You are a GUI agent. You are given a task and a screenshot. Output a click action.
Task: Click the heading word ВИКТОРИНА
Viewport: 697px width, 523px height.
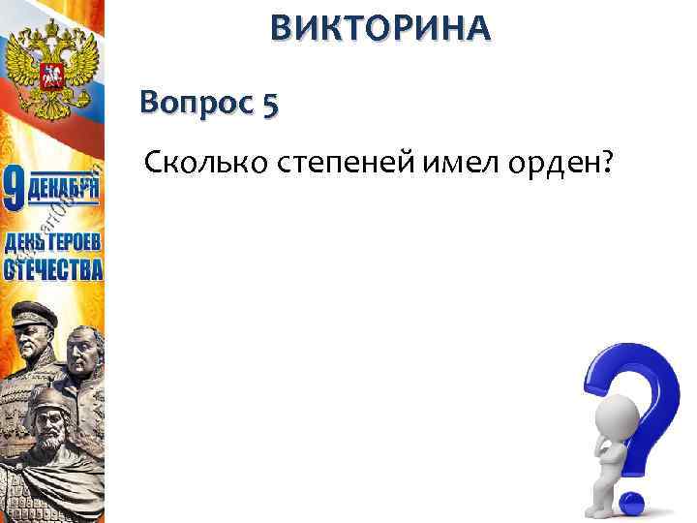click(x=380, y=30)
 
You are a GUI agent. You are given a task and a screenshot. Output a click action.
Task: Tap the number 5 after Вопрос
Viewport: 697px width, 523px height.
click(x=268, y=103)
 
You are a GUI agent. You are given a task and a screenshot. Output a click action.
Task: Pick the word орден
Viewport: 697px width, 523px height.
click(x=553, y=164)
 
